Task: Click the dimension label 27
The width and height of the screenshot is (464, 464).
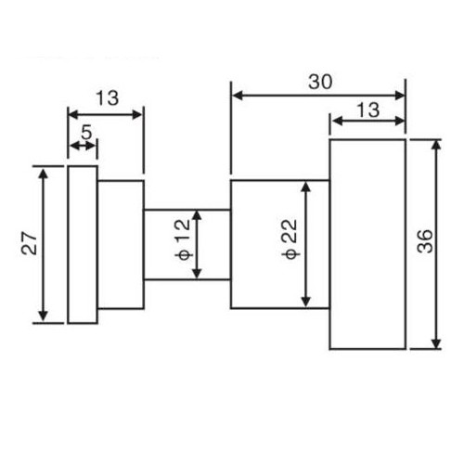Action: [x=30, y=243]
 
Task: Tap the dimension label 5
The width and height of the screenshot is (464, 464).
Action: [x=86, y=133]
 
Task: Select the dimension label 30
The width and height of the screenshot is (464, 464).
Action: [x=320, y=83]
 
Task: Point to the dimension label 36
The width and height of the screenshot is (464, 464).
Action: [x=425, y=241]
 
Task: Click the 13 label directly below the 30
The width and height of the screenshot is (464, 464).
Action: [x=368, y=110]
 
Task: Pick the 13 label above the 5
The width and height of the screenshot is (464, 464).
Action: [x=107, y=98]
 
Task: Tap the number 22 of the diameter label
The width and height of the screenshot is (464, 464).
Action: [x=290, y=231]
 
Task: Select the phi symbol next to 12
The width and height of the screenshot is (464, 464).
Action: [x=184, y=255]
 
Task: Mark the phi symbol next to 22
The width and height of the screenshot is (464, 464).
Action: [x=290, y=254]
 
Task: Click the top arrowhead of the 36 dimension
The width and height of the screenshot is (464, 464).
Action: [x=436, y=145]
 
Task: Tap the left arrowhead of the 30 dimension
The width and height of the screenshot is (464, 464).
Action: [x=238, y=96]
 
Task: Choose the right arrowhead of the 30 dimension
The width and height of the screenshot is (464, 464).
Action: [x=399, y=96]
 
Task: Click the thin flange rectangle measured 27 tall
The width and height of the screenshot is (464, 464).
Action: [x=83, y=245]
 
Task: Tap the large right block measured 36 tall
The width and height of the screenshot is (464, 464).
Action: [x=367, y=244]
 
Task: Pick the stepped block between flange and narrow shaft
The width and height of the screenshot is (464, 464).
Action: [x=121, y=244]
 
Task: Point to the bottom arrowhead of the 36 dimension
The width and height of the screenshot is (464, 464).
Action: [x=436, y=343]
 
